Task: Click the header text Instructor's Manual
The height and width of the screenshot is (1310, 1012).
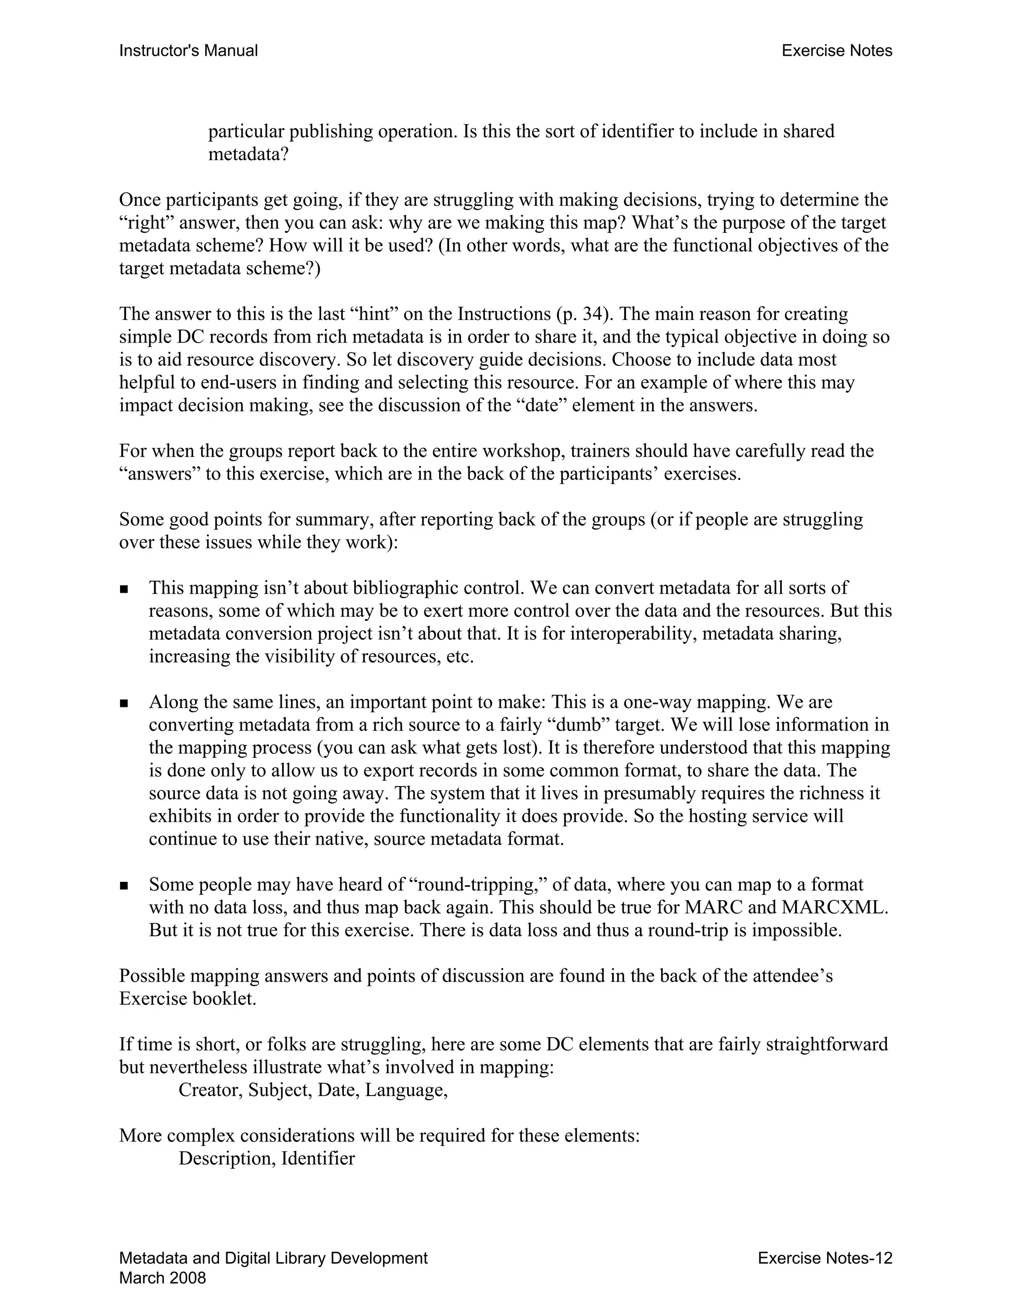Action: [x=188, y=51]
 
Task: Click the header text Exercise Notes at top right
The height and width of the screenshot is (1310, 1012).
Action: [x=837, y=51]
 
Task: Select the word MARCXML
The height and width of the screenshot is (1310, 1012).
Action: [x=834, y=907]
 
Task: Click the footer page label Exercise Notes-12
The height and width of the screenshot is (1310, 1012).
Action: [x=825, y=1258]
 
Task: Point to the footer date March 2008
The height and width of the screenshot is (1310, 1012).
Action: [x=163, y=1277]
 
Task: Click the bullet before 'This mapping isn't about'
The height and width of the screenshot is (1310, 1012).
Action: [x=124, y=589]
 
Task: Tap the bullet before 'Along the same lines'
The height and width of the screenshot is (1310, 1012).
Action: [x=124, y=703]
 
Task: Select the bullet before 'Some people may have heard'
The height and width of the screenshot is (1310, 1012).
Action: [x=124, y=885]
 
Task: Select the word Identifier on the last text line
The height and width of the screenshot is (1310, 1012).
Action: [x=318, y=1158]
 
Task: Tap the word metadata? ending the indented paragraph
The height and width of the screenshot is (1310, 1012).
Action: [x=248, y=154]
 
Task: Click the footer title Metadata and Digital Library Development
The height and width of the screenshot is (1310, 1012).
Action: [x=273, y=1258]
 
